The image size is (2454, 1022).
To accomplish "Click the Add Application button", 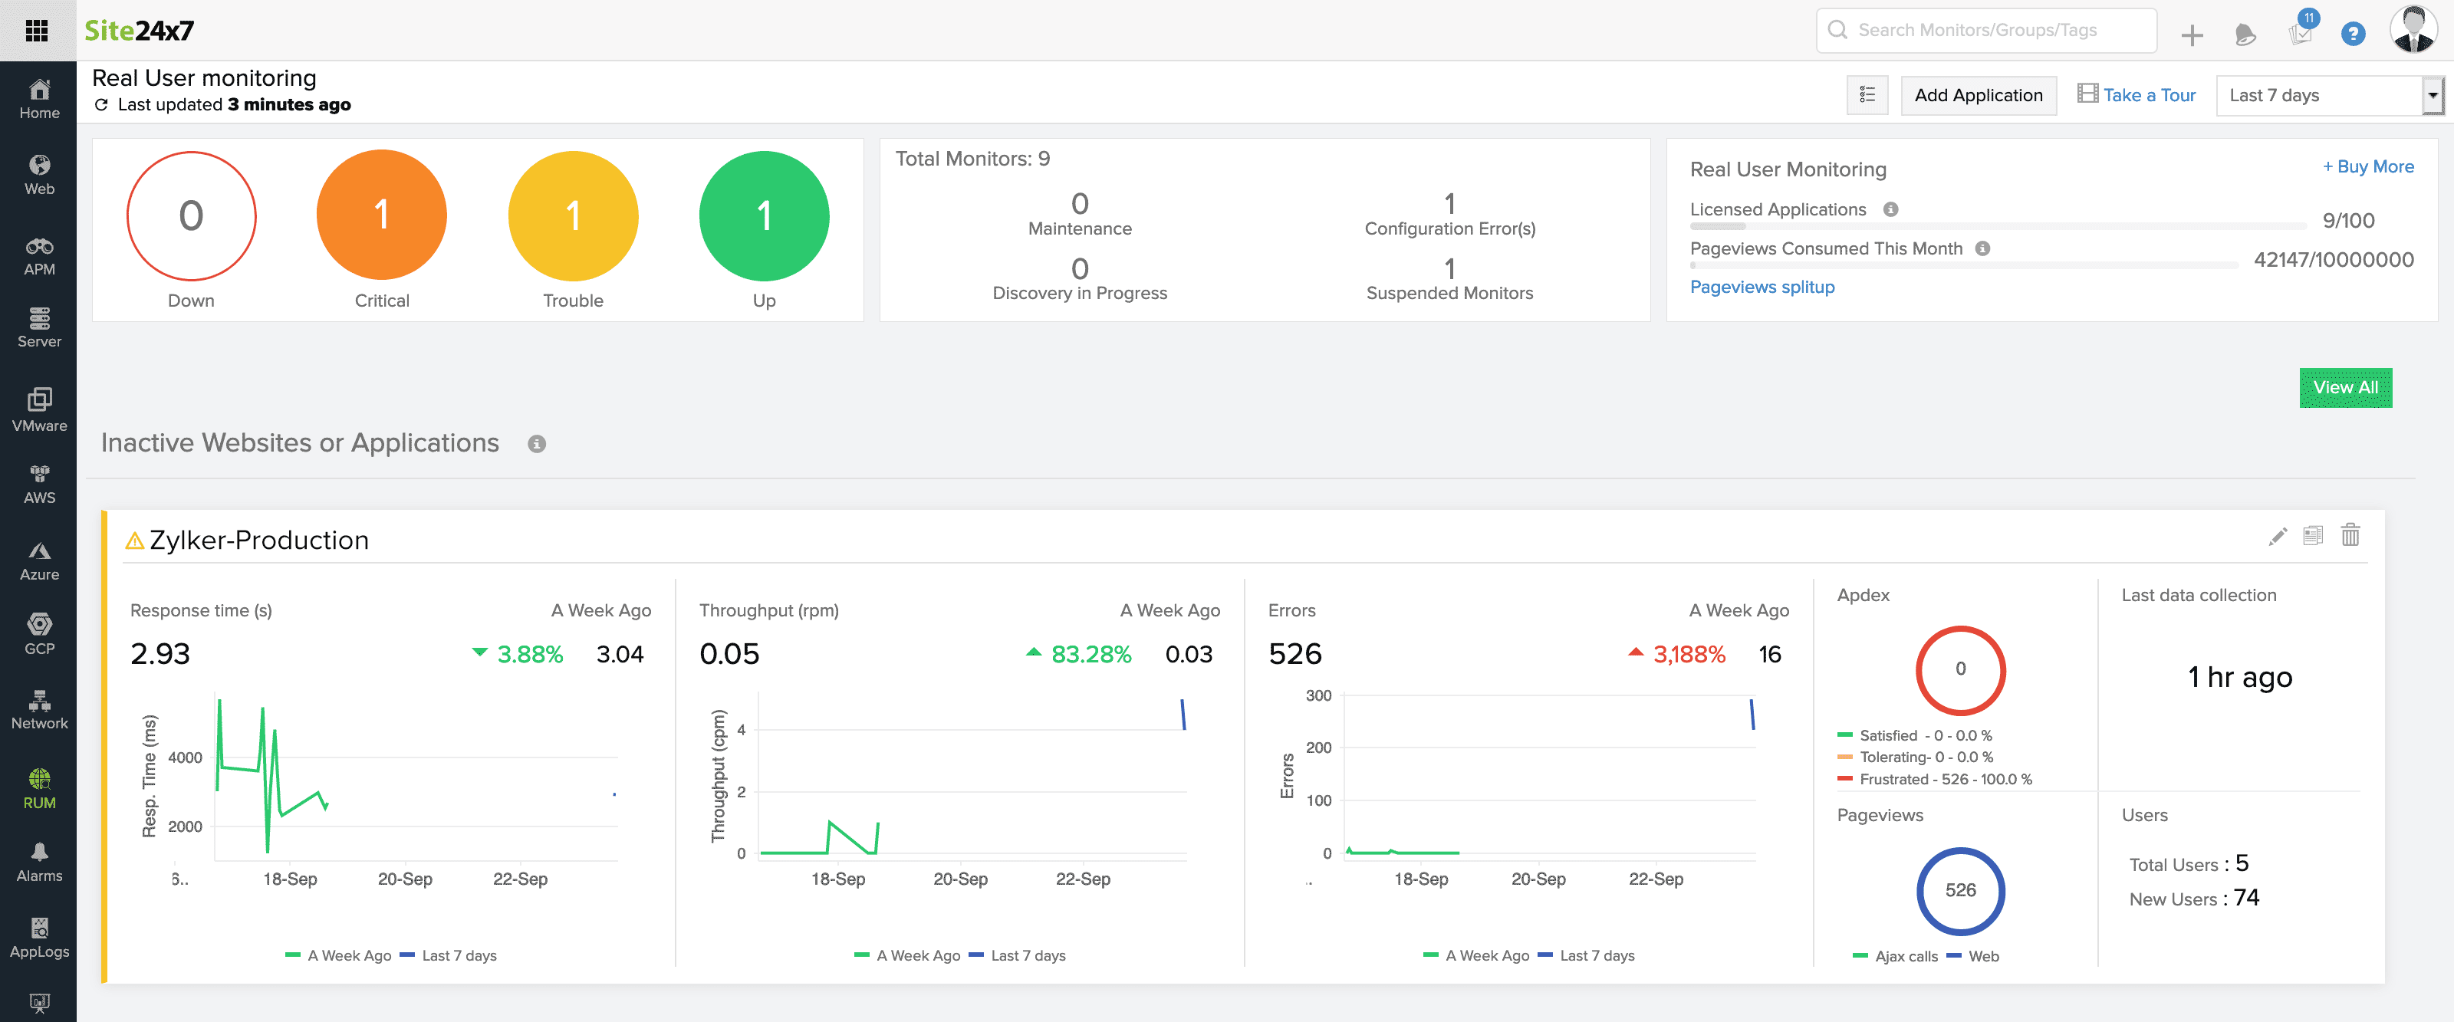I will coord(1978,95).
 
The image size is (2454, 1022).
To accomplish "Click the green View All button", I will coord(2344,388).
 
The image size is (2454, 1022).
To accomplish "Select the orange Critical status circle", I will coord(381,215).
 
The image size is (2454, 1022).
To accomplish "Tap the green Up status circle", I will coord(763,215).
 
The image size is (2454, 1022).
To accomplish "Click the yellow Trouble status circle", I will coord(573,215).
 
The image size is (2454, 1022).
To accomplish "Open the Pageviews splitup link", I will coord(1762,287).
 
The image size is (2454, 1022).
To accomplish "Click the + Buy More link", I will coord(2367,166).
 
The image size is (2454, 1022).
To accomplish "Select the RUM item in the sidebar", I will coord(39,789).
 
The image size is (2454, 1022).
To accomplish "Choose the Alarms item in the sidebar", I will coord(39,862).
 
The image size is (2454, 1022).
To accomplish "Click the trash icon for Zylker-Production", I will coord(2350,535).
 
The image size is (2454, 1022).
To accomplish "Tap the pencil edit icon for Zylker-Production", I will coord(2277,536).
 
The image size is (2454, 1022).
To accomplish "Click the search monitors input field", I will coord(1991,31).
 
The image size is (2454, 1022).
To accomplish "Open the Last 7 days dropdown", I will coord(2327,95).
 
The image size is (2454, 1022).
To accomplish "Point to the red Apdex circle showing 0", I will coord(1959,669).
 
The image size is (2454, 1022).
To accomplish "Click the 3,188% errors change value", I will coord(1688,654).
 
